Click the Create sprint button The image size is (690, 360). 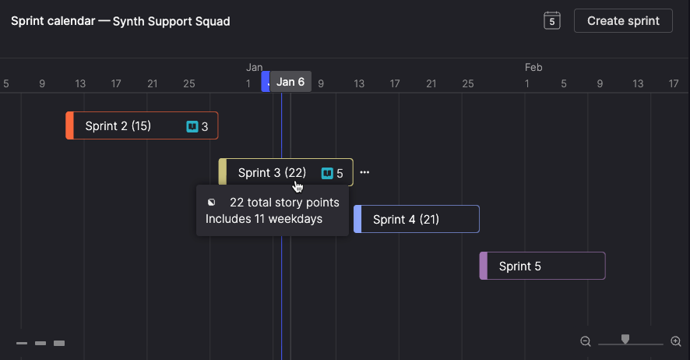623,21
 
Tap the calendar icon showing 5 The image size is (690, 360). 552,21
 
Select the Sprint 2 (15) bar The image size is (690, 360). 142,125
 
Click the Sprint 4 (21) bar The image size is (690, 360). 417,219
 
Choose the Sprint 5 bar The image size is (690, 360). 542,266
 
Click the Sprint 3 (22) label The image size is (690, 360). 272,172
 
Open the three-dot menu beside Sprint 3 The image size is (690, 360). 364,172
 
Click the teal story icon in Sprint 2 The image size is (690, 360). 192,127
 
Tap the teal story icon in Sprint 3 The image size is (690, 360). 327,174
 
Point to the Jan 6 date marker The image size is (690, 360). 290,82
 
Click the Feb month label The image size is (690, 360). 533,67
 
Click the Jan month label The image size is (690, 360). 255,67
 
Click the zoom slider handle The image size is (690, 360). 625,339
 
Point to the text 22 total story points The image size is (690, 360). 284,203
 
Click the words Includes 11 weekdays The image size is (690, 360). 264,219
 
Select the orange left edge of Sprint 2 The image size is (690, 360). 69,125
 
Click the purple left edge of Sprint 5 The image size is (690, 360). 483,266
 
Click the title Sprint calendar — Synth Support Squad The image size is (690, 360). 121,21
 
